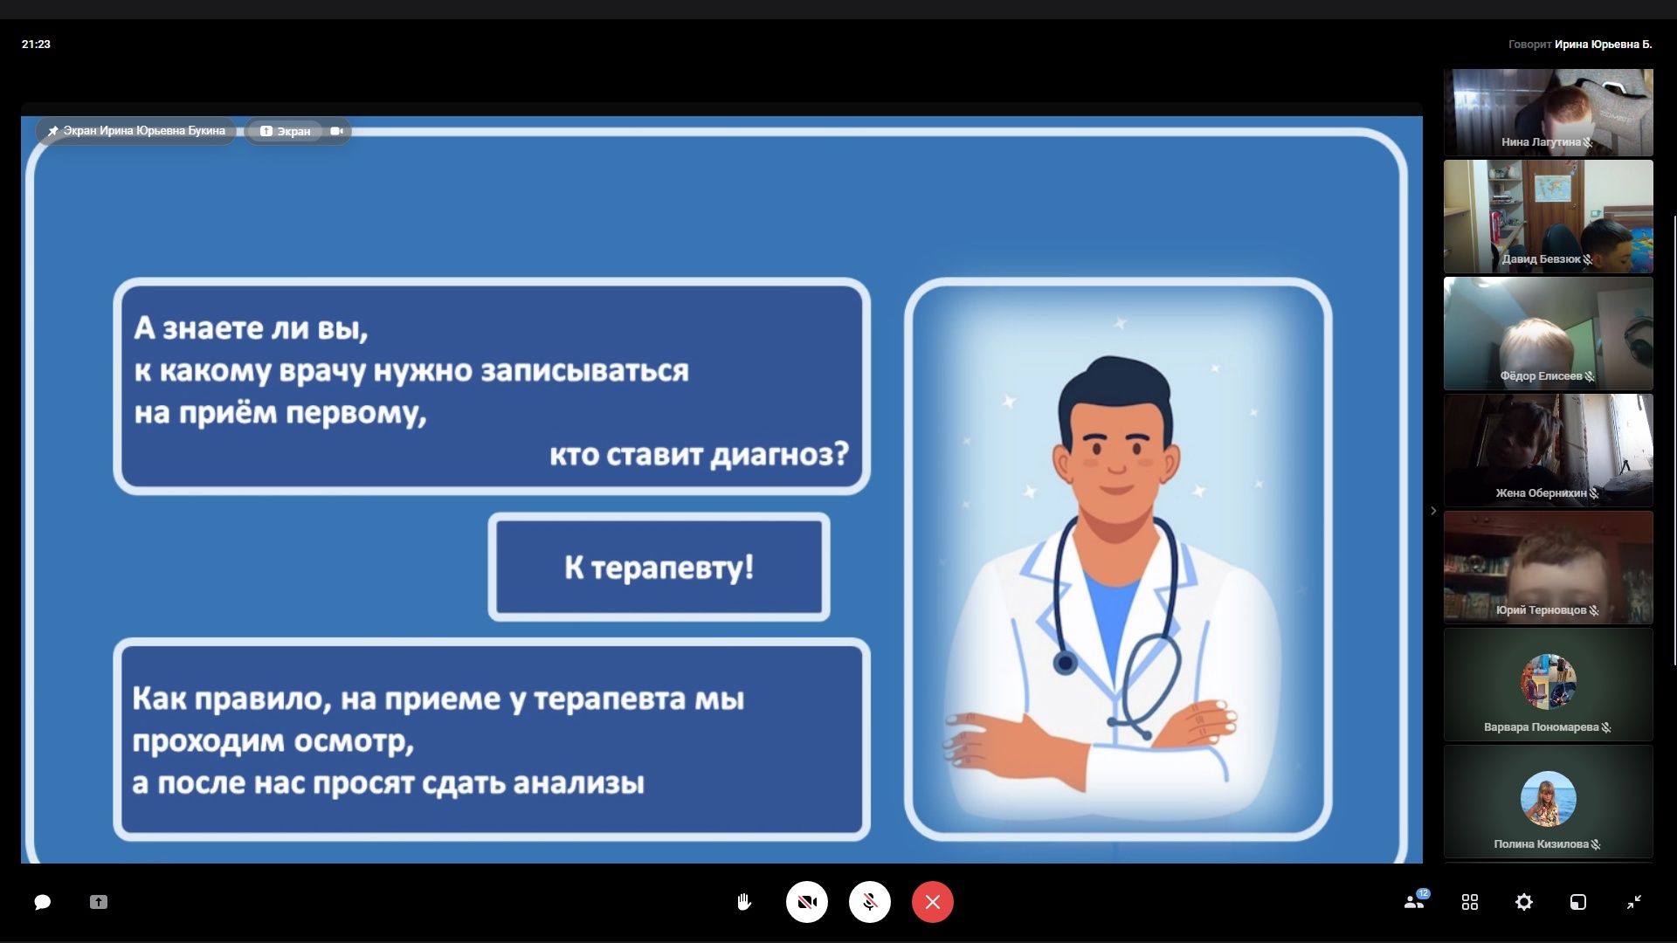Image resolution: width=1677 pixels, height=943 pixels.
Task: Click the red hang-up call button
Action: coord(933,902)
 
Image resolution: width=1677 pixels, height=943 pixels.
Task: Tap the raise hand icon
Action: coord(744,902)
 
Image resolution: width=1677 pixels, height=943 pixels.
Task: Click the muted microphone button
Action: coord(870,902)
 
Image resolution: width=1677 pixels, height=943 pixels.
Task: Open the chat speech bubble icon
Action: coord(42,902)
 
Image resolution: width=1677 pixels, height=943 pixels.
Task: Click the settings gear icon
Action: coord(1524,902)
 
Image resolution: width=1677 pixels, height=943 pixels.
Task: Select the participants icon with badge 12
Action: coord(1415,901)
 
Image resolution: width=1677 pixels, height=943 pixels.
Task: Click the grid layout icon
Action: coord(1470,902)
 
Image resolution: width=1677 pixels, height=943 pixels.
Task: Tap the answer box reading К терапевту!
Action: coord(659,568)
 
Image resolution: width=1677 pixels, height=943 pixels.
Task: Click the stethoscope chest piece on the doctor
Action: coord(1065,663)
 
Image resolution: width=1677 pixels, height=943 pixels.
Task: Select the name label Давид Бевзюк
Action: coord(1541,259)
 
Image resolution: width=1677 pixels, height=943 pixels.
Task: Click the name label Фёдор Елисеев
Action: coord(1541,376)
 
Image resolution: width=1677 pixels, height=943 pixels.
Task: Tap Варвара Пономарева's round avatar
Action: coord(1548,682)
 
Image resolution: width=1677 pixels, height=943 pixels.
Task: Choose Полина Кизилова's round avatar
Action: coord(1548,799)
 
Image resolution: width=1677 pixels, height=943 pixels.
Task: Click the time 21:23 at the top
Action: coord(36,45)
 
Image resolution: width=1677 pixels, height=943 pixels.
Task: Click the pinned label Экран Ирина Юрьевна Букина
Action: coord(144,131)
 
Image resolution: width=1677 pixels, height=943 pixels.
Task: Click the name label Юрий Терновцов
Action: coord(1541,610)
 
